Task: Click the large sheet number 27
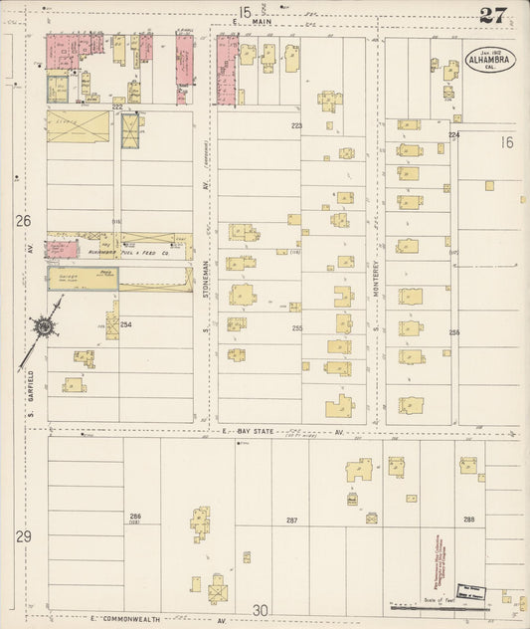[491, 15]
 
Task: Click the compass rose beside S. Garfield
[45, 326]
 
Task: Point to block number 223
[296, 126]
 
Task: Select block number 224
[453, 133]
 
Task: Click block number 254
[125, 324]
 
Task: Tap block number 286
[134, 516]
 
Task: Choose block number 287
[292, 521]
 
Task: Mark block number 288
[467, 520]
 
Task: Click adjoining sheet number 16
[507, 143]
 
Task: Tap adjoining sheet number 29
[22, 536]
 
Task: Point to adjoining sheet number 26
[24, 221]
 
